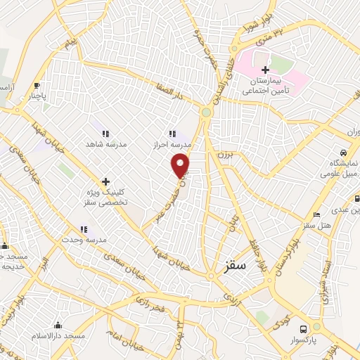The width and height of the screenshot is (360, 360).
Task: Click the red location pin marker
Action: tap(181, 166)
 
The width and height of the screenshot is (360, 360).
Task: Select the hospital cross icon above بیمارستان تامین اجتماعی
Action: tap(265, 70)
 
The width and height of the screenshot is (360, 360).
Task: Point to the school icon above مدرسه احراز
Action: tap(172, 133)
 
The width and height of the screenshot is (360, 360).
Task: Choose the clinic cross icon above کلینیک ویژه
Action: tap(106, 181)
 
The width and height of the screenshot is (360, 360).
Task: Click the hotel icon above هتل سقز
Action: tap(317, 214)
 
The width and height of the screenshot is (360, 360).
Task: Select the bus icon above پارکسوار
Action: tap(304, 328)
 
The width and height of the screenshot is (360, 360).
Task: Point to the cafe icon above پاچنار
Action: tap(37, 86)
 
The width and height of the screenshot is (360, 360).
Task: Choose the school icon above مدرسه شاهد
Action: tap(105, 133)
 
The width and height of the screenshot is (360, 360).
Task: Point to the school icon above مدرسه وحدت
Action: tap(84, 229)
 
